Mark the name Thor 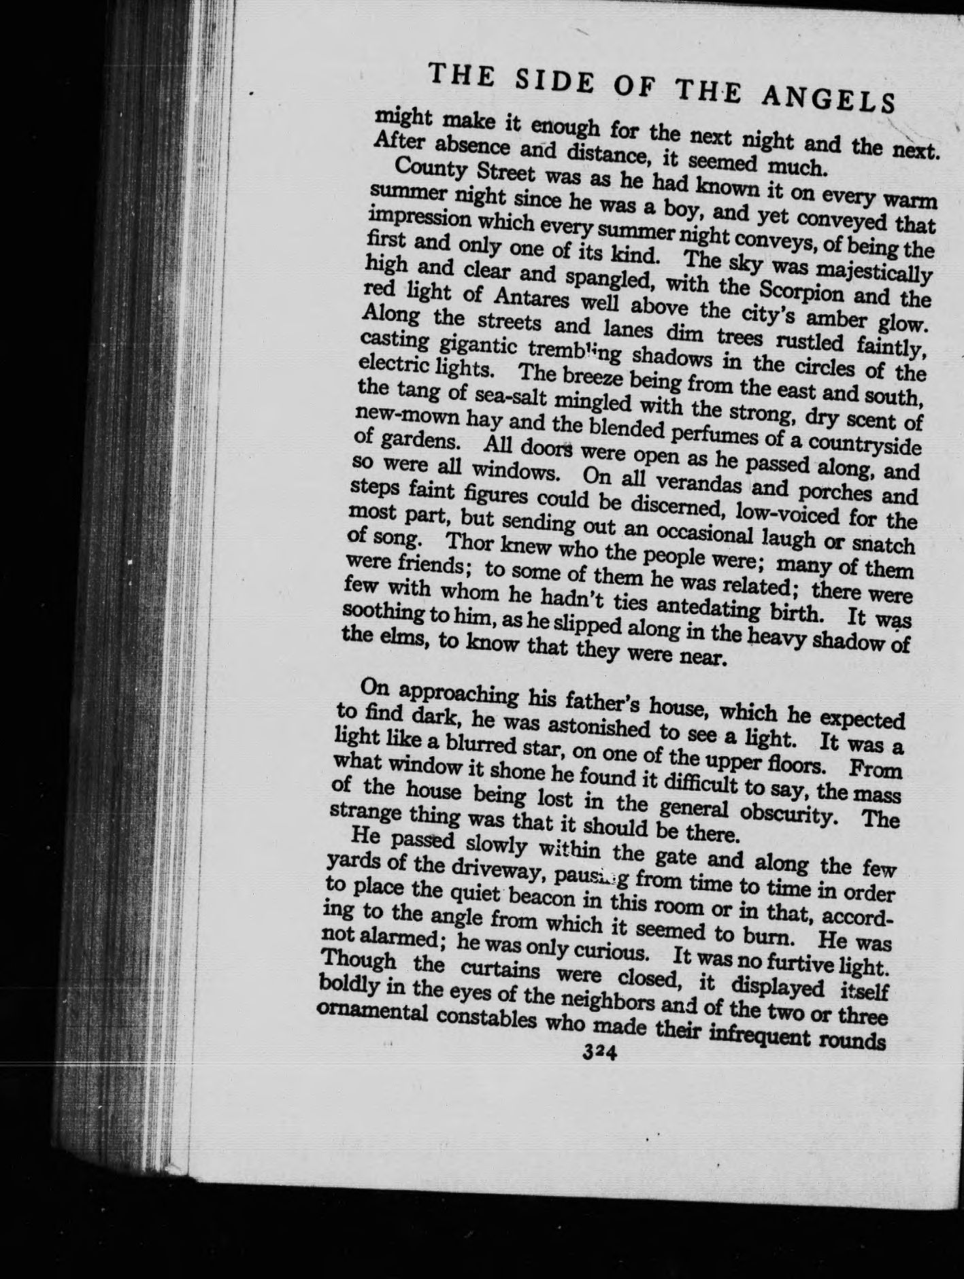tap(469, 544)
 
